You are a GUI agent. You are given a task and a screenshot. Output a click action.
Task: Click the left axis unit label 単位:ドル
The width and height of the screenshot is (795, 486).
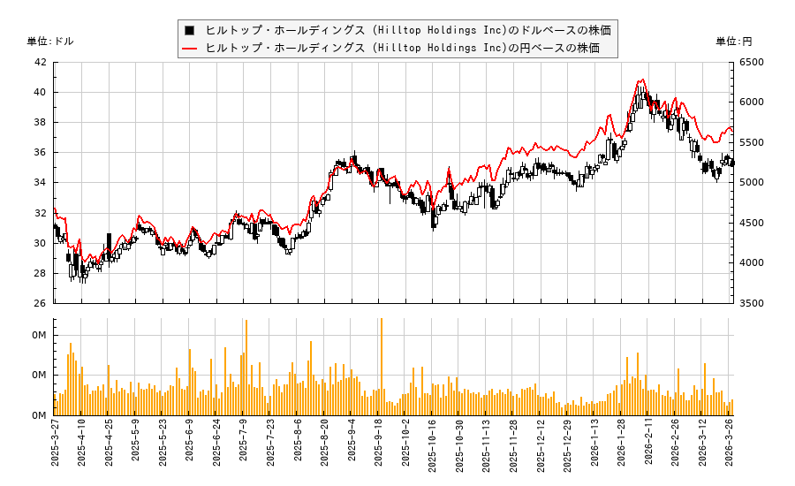point(50,42)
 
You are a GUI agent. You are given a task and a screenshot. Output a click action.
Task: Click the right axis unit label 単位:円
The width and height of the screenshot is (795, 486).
point(733,42)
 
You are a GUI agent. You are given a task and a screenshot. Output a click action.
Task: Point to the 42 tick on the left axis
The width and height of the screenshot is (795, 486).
point(41,63)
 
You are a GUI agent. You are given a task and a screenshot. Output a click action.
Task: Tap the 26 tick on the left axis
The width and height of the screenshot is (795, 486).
point(41,303)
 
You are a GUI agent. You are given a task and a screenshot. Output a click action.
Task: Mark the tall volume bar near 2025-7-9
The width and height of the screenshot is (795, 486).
point(246,368)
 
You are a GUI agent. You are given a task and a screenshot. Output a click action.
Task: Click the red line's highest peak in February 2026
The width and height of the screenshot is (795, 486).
point(642,80)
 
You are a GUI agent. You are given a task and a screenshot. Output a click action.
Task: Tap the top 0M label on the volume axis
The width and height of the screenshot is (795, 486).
point(40,336)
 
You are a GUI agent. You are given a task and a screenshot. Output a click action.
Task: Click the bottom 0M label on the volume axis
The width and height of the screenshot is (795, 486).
point(40,415)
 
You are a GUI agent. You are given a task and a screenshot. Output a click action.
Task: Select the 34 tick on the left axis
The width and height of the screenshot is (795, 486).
point(41,183)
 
